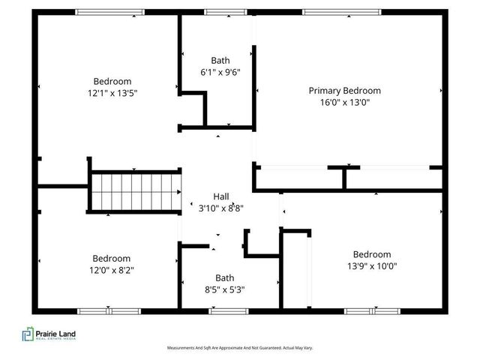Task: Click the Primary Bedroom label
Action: (x=344, y=91)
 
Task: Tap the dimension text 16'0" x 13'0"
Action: (x=344, y=103)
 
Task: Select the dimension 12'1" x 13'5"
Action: (x=112, y=94)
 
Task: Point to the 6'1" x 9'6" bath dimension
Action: (x=220, y=73)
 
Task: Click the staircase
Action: (x=136, y=192)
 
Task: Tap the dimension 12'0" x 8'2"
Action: (x=112, y=270)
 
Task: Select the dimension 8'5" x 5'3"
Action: (x=224, y=289)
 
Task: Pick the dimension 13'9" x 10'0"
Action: (x=371, y=266)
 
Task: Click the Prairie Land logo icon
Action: (x=28, y=334)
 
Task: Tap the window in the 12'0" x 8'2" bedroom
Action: (x=109, y=310)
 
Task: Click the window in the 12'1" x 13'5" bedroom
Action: (x=109, y=12)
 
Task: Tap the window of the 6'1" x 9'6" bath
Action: (x=220, y=12)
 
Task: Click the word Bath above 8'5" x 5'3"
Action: (x=224, y=277)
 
